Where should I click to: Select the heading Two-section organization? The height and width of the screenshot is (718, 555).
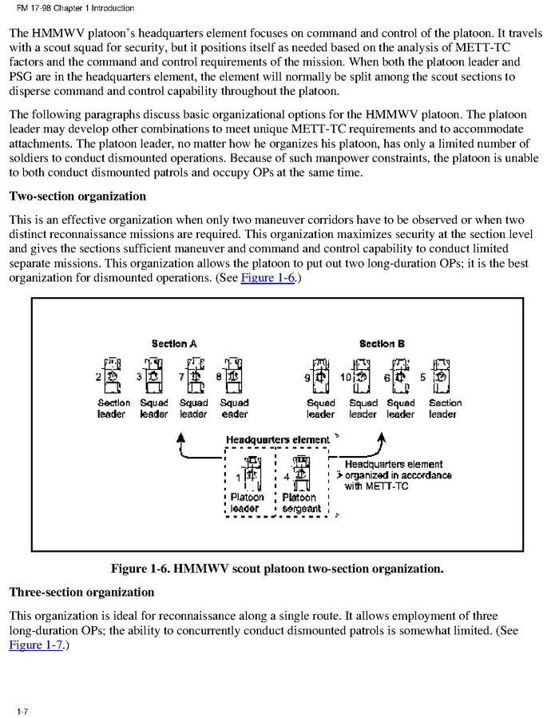pyautogui.click(x=77, y=196)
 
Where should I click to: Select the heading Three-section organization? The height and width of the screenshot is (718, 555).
pyautogui.click(x=81, y=593)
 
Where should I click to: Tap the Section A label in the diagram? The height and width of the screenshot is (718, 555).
pyautogui.click(x=174, y=343)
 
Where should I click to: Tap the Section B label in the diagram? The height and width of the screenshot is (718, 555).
pyautogui.click(x=382, y=343)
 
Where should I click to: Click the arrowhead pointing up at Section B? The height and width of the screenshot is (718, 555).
pyautogui.click(x=382, y=437)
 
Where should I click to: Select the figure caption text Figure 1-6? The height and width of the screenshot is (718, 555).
pyautogui.click(x=276, y=569)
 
